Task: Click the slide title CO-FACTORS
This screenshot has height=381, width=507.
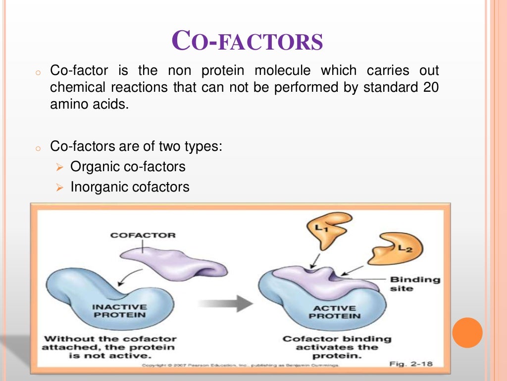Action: click(x=247, y=41)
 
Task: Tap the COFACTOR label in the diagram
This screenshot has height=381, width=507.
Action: click(x=143, y=235)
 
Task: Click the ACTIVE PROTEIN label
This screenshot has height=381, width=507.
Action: click(x=334, y=312)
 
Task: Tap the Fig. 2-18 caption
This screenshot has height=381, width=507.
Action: click(x=410, y=364)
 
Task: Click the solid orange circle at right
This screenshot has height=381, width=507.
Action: click(x=467, y=332)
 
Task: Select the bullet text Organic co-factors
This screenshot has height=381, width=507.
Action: click(x=128, y=167)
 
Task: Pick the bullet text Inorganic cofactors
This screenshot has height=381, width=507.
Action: click(x=130, y=187)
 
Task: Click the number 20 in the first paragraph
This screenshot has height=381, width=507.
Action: click(x=431, y=87)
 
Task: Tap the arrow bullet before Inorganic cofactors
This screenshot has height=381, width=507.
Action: click(x=60, y=188)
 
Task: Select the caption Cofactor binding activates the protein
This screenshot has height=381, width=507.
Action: click(x=336, y=347)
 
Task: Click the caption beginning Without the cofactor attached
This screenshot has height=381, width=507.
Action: click(x=109, y=347)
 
